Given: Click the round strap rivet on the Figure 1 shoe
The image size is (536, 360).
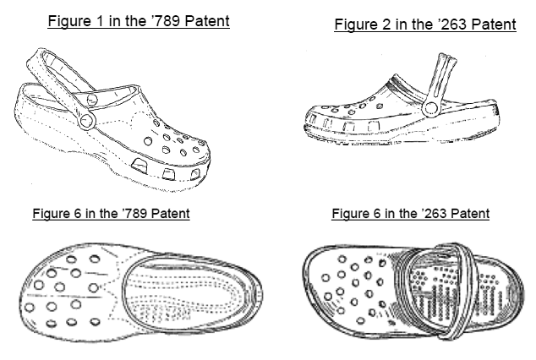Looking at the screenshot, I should pyautogui.click(x=85, y=121).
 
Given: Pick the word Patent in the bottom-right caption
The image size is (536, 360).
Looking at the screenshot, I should pyautogui.click(x=468, y=214).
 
